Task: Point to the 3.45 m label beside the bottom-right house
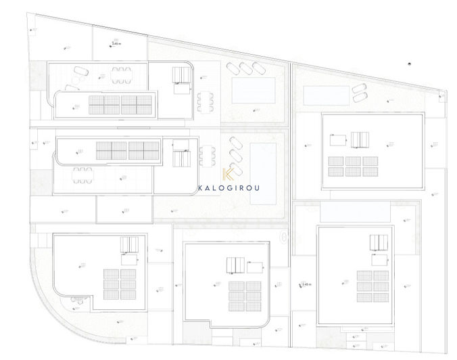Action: [306, 285]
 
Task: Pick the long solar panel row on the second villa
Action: [128, 150]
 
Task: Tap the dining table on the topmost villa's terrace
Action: [121, 74]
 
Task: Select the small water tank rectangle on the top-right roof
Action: [336, 140]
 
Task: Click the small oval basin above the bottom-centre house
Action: [283, 237]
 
